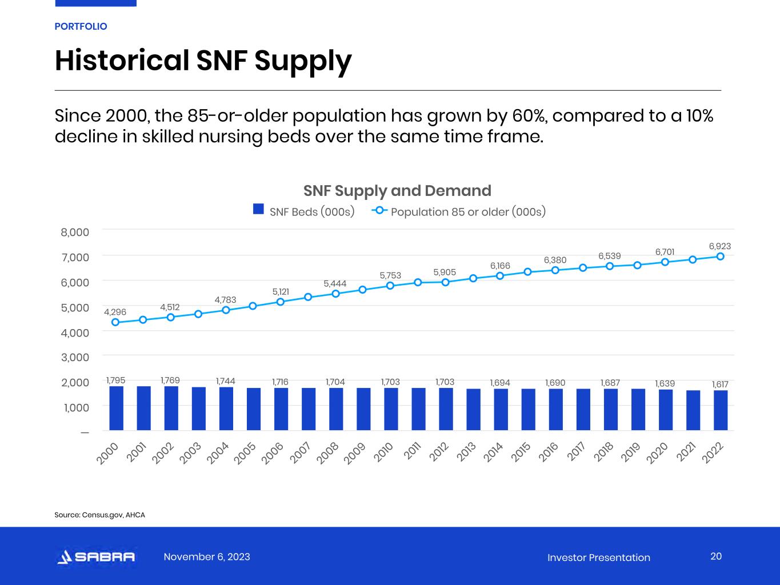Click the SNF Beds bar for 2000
pos(116,408)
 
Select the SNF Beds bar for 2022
pos(721,410)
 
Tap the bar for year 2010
pos(391,409)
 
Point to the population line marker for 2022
pos(721,257)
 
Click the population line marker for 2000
pos(115,322)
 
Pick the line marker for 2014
pos(500,276)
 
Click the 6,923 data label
pos(720,246)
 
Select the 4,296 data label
pos(115,312)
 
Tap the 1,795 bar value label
pos(115,380)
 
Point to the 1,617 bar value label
pos(720,384)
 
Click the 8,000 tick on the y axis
pos(75,232)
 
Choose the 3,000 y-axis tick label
pos(75,357)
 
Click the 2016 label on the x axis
pos(549,451)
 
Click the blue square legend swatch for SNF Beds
pos(258,210)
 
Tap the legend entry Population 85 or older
pos(467,212)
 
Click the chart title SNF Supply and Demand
pos(397,190)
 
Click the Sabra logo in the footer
pos(96,557)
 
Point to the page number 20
pos(716,556)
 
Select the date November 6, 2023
pos(207,557)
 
